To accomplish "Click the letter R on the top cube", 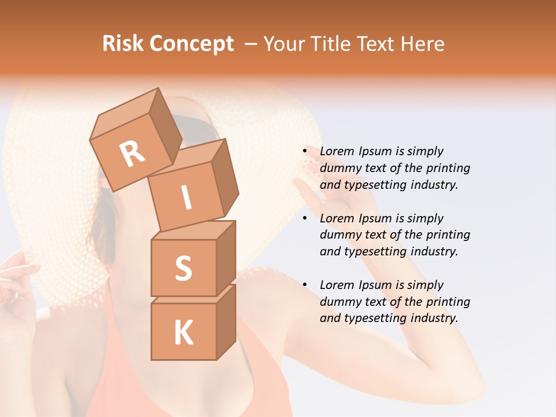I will coord(132,153).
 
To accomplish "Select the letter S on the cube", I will coord(183,268).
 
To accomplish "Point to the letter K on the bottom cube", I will coord(183,333).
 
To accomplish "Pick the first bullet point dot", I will coord(305,152).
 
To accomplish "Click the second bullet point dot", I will coord(305,219).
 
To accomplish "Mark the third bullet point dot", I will coord(305,286).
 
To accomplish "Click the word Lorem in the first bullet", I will coord(336,151).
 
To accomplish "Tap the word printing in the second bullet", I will coord(448,235).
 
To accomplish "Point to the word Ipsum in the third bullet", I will coord(374,285).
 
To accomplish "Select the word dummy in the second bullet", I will coord(340,235).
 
